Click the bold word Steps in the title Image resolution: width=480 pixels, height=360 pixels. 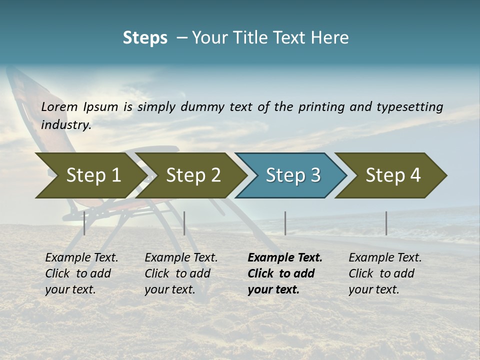145,38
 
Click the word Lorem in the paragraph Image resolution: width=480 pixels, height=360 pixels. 59,107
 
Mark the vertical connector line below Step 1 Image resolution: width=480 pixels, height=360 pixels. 84,223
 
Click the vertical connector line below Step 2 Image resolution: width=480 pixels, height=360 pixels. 184,223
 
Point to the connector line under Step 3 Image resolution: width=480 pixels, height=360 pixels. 285,223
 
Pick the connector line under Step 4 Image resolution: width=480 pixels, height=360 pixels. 386,223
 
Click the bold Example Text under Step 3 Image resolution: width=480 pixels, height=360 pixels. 285,258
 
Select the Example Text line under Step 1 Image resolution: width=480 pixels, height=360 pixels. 81,258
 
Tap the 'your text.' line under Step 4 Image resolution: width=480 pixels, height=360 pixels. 374,289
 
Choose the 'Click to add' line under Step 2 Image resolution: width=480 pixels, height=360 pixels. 177,273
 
